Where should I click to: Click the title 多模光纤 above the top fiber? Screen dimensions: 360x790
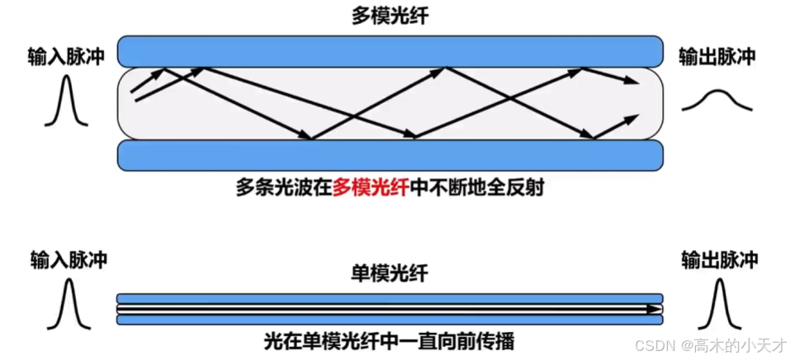pos(391,16)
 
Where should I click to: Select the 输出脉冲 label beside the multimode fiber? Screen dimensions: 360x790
pos(717,56)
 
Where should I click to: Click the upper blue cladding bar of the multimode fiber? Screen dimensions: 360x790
pos(390,50)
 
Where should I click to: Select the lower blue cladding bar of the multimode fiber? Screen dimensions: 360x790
pos(390,154)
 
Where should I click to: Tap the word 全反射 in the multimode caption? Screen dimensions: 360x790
pos(523,187)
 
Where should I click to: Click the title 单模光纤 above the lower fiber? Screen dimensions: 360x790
pos(390,273)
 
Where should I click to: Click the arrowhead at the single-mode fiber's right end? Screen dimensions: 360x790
pos(656,309)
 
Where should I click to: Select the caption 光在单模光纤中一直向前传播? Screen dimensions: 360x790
pos(390,339)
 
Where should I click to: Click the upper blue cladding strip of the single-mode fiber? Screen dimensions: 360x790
pos(390,299)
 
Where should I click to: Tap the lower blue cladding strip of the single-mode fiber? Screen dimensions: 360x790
pos(390,319)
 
